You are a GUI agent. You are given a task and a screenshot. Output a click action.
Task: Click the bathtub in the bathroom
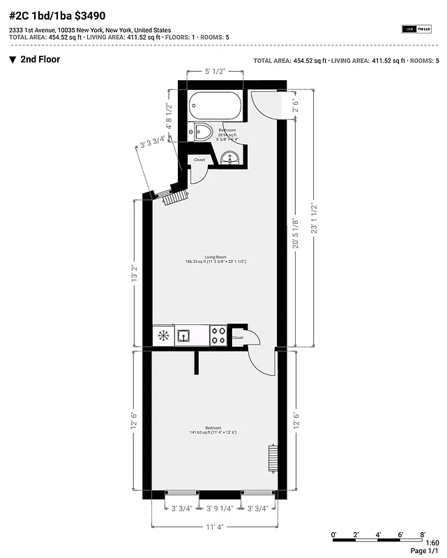215,107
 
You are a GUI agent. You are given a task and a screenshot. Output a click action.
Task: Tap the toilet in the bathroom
202,131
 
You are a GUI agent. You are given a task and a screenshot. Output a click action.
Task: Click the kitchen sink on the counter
184,336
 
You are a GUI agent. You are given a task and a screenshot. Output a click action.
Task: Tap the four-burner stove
218,336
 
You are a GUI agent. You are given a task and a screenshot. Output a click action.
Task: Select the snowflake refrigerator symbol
163,336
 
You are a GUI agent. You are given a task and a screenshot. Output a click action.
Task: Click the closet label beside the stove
238,338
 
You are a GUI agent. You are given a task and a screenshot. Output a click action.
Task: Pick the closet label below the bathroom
199,160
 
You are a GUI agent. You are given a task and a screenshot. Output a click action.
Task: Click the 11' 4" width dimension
215,527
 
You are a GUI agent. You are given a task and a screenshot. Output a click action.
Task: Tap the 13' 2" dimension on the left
132,272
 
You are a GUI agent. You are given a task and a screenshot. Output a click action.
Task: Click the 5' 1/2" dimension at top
214,71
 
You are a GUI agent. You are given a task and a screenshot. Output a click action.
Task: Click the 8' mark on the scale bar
423,534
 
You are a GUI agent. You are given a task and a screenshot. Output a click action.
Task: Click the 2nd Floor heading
40,60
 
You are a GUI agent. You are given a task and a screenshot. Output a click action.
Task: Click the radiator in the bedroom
271,458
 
